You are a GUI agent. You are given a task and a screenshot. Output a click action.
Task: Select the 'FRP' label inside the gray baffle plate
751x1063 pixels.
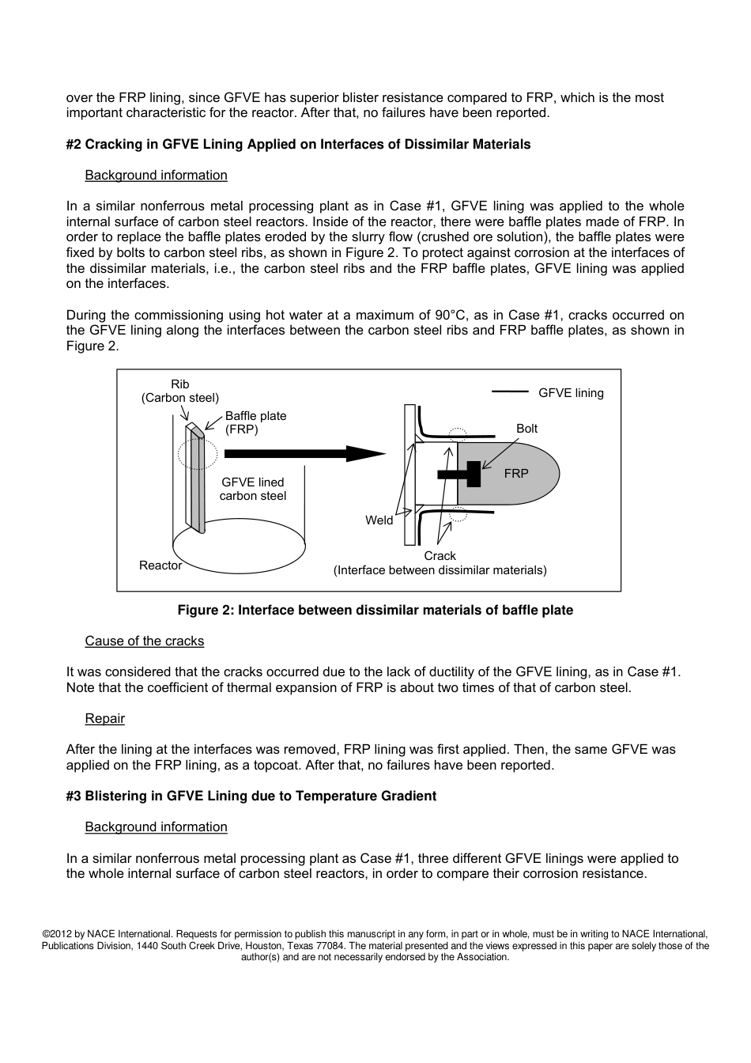pyautogui.click(x=516, y=473)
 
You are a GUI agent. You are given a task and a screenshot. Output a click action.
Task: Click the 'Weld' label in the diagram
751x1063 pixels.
pyautogui.click(x=379, y=520)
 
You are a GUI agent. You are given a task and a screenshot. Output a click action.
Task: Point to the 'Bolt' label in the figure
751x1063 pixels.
pyautogui.click(x=526, y=428)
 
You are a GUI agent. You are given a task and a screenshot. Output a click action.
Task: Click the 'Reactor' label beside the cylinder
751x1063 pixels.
pyautogui.click(x=160, y=565)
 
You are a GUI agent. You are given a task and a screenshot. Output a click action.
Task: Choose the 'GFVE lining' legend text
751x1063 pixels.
pyautogui.click(x=571, y=392)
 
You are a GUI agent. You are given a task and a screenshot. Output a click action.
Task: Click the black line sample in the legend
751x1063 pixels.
pyautogui.click(x=510, y=391)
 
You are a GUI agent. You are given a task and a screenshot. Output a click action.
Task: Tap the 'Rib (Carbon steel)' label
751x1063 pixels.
pyautogui.click(x=180, y=391)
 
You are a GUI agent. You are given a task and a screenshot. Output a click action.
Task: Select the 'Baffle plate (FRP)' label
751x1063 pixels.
pyautogui.click(x=255, y=422)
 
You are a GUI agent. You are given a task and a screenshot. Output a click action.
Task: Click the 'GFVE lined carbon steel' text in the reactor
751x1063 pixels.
pyautogui.click(x=253, y=489)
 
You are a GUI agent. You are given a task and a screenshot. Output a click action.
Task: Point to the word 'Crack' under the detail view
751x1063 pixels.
pyautogui.click(x=440, y=555)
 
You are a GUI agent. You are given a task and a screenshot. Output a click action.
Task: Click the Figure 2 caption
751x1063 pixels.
pyautogui.click(x=375, y=610)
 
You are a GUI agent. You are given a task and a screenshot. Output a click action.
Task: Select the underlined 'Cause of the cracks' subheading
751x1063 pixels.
pyautogui.click(x=145, y=641)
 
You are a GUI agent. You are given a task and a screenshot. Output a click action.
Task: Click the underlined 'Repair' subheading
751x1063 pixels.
pyautogui.click(x=105, y=718)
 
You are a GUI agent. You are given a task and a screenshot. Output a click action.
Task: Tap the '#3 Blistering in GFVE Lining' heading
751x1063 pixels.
pyautogui.click(x=251, y=796)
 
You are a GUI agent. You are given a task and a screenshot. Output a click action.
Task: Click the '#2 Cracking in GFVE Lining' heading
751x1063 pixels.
pyautogui.click(x=299, y=144)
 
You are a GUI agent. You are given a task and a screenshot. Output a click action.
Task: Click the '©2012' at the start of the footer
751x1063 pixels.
pyautogui.click(x=56, y=934)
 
